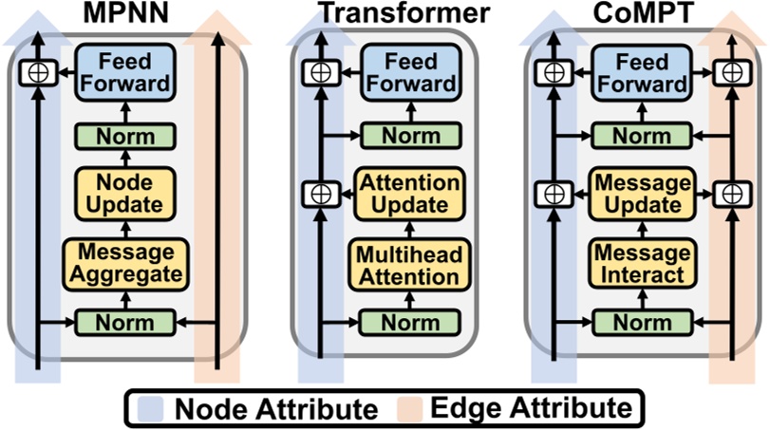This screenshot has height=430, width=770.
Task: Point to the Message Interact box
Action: (x=637, y=263)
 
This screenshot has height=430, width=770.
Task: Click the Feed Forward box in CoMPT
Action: (x=637, y=72)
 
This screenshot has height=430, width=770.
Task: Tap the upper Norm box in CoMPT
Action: (x=637, y=136)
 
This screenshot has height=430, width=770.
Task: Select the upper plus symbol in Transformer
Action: (x=313, y=72)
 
